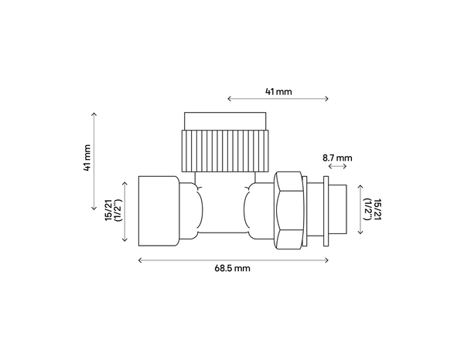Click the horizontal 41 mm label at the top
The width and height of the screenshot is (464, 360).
pyautogui.click(x=278, y=91)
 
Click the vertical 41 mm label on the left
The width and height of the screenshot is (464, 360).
pyautogui.click(x=87, y=157)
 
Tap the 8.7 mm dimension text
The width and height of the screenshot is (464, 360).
pyautogui.click(x=336, y=158)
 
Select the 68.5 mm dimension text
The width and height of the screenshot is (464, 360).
pyautogui.click(x=233, y=269)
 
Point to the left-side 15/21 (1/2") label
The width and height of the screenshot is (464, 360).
pyautogui.click(x=114, y=210)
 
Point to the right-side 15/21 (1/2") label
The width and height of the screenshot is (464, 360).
pyautogui.click(x=374, y=210)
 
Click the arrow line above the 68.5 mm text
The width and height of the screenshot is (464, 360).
pyautogui.click(x=233, y=259)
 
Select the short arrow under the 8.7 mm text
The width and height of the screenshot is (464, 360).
pyautogui.click(x=336, y=167)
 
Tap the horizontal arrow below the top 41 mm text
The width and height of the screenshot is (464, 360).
pyautogui.click(x=278, y=100)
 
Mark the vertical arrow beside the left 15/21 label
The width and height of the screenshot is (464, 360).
pyautogui.click(x=125, y=210)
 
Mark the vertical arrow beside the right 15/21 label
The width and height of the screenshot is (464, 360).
pyautogui.click(x=363, y=210)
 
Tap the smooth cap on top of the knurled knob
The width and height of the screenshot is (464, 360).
pyautogui.click(x=225, y=121)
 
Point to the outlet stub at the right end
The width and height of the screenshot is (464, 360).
pyautogui.click(x=349, y=209)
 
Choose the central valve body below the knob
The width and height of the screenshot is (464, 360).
pyautogui.click(x=224, y=209)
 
